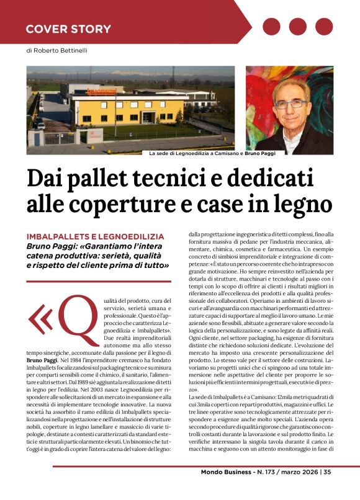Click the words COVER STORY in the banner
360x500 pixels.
coord(68,29)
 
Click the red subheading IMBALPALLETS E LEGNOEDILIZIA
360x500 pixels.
coord(95,236)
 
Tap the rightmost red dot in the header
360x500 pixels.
coord(323,27)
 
